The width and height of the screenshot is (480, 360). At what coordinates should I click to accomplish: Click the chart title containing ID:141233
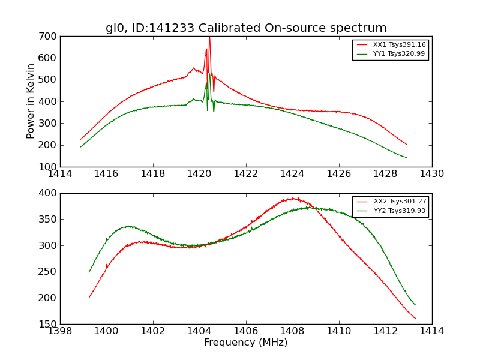(246, 28)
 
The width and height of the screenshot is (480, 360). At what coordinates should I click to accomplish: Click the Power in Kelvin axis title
(31, 101)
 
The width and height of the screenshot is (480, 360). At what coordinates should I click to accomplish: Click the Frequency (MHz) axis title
(246, 343)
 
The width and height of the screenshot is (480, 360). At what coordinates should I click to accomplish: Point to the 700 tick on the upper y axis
(50, 37)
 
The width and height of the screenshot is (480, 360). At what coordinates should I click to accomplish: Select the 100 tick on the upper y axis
(50, 167)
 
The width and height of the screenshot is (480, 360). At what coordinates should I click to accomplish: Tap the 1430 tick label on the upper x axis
(432, 175)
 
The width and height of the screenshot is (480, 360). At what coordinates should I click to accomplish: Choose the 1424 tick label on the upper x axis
(292, 175)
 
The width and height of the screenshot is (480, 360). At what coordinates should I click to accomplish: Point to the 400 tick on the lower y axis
(50, 193)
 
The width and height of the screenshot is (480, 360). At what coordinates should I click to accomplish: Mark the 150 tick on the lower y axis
(50, 324)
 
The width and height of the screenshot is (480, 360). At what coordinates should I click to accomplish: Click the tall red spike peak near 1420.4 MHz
(209, 37)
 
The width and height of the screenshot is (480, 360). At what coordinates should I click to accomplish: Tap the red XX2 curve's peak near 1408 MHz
(293, 198)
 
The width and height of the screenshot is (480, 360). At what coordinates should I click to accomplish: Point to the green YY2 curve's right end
(415, 305)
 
